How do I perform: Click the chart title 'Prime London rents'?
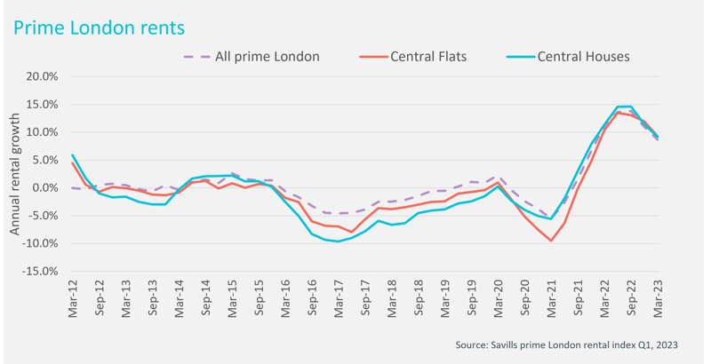(x=99, y=28)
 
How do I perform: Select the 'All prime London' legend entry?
(x=268, y=57)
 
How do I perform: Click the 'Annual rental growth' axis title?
(x=15, y=174)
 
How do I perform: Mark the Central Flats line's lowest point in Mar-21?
(x=551, y=241)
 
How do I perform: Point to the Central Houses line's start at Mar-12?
(x=73, y=155)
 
